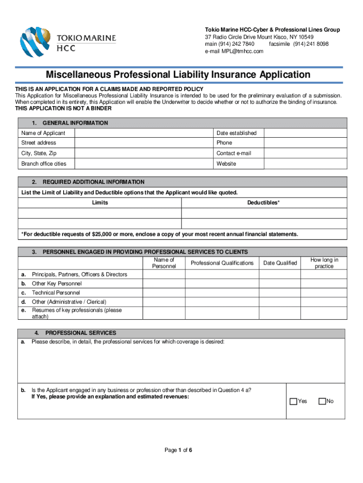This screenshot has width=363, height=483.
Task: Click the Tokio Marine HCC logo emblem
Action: pyautogui.click(x=36, y=42)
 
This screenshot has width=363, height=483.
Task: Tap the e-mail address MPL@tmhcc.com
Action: pyautogui.click(x=234, y=51)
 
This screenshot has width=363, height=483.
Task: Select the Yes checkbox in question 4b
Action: pyautogui.click(x=293, y=401)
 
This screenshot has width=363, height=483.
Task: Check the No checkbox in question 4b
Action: pyautogui.click(x=322, y=401)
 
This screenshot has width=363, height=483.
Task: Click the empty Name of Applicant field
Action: pyautogui.click(x=144, y=133)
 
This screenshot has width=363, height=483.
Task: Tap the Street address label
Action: pyautogui.click(x=39, y=143)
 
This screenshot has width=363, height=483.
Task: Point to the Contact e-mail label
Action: pyautogui.click(x=233, y=153)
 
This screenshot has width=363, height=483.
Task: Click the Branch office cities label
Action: pyautogui.click(x=44, y=164)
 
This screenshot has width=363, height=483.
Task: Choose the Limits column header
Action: pyautogui.click(x=100, y=203)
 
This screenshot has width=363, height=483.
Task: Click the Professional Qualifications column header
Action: pyautogui.click(x=222, y=263)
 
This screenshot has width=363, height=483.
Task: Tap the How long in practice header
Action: pyautogui.click(x=324, y=263)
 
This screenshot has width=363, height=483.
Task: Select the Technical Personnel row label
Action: pyautogui.click(x=56, y=293)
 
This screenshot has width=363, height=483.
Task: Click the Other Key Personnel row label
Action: pyautogui.click(x=57, y=283)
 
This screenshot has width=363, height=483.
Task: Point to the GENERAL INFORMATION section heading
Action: pyautogui.click(x=75, y=123)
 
